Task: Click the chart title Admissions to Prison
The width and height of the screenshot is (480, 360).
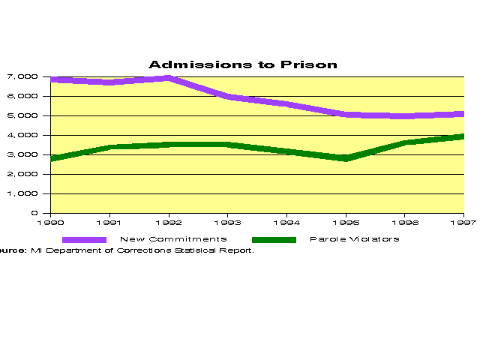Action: point(242,64)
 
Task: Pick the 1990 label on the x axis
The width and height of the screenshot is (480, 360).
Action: point(52,222)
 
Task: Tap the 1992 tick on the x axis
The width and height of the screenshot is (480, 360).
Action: point(169,222)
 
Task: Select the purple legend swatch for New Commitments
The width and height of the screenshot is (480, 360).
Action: point(84,239)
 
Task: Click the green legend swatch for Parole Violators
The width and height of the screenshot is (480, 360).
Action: point(274,239)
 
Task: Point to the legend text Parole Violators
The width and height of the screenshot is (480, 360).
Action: point(354,239)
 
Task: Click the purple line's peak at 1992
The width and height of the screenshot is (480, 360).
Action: point(169,78)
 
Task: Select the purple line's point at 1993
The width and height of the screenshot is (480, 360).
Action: point(227,97)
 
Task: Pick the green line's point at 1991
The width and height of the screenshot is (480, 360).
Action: point(110,146)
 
